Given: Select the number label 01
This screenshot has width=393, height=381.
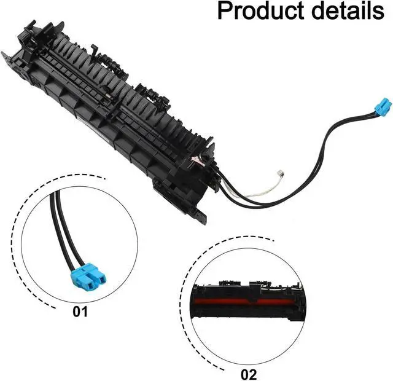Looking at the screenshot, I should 80,312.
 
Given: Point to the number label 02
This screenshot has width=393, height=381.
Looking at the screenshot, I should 249,373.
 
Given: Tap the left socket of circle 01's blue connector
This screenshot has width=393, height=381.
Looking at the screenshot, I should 82,278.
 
